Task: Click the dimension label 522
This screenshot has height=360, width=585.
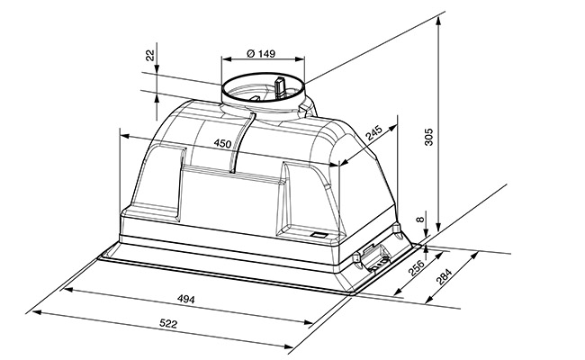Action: [x=168, y=323]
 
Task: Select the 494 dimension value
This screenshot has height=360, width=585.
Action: [x=185, y=299]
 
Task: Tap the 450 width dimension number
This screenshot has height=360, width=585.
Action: [x=222, y=143]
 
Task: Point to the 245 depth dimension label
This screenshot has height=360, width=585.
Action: [x=373, y=133]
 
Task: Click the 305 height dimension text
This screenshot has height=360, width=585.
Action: [x=428, y=137]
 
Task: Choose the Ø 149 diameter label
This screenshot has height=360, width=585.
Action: [x=261, y=54]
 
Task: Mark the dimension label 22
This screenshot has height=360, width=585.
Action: [x=150, y=56]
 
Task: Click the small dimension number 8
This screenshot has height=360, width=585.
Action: [x=421, y=220]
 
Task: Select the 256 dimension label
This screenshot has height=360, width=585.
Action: [x=417, y=268]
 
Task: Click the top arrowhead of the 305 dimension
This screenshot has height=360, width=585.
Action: [x=439, y=22]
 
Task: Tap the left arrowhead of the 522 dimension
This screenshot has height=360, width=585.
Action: [x=37, y=312]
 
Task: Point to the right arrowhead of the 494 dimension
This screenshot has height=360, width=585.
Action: [x=308, y=322]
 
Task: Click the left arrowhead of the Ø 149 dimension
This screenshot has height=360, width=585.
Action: [x=227, y=58]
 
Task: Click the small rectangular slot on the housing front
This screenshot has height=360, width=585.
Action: [x=319, y=235]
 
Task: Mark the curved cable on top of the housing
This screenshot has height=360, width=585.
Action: [x=243, y=142]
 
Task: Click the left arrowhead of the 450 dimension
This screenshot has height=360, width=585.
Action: [x=124, y=136]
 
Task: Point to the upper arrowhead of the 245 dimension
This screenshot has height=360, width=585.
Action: [x=393, y=129]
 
